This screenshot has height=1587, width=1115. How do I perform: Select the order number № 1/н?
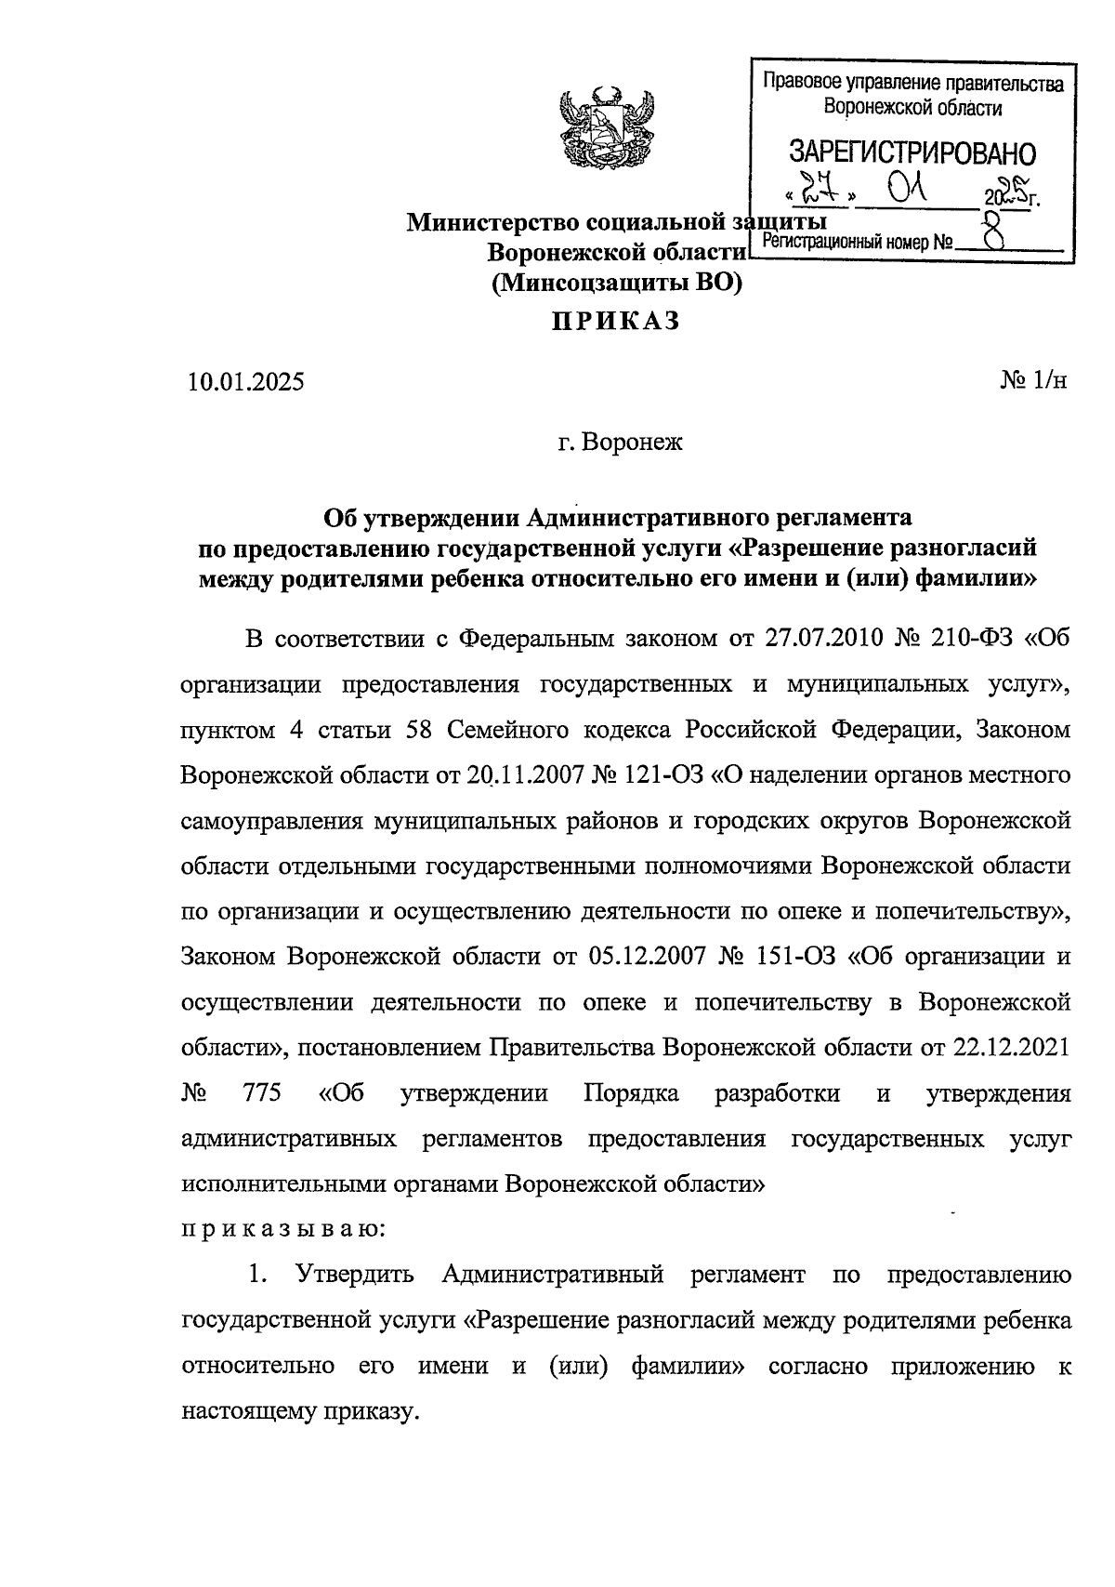[1034, 381]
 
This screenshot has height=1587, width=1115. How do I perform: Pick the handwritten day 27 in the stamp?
[819, 193]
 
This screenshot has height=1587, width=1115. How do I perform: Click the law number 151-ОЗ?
[794, 957]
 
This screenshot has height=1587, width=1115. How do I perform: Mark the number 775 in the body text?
[261, 1093]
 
